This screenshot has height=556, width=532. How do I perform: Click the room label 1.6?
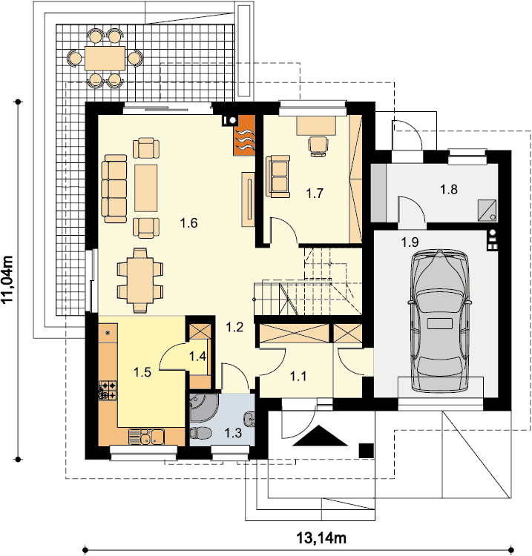click(188, 223)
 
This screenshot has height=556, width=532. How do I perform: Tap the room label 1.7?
click(315, 193)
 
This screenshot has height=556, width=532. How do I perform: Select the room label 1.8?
click(449, 189)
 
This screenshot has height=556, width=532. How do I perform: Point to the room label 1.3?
click(233, 433)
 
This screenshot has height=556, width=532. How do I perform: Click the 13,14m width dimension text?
click(321, 538)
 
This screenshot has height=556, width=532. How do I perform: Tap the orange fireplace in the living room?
click(244, 136)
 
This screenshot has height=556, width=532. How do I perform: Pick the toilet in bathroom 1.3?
click(200, 433)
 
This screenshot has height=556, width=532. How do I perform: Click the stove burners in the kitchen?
click(108, 390)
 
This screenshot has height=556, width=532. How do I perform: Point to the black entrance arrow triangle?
click(321, 435)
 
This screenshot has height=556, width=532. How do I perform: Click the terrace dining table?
click(105, 58)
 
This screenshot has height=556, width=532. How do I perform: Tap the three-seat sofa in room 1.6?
click(114, 188)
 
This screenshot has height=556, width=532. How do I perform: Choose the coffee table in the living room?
click(146, 188)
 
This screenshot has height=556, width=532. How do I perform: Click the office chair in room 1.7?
click(318, 147)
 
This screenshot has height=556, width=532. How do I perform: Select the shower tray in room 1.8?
click(487, 211)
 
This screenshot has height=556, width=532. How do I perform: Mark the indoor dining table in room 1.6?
click(140, 280)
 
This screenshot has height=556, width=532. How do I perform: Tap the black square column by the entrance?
click(367, 451)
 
